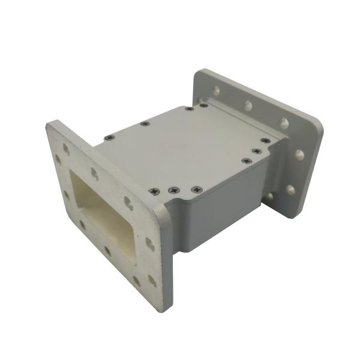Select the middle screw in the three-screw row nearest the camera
click(173, 191)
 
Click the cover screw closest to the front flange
click(109, 137)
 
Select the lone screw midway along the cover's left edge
click(145, 124)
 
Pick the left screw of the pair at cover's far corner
click(189, 109)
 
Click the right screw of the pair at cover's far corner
click(205, 105)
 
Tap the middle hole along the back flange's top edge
click(248, 106)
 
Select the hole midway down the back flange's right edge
click(299, 155)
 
